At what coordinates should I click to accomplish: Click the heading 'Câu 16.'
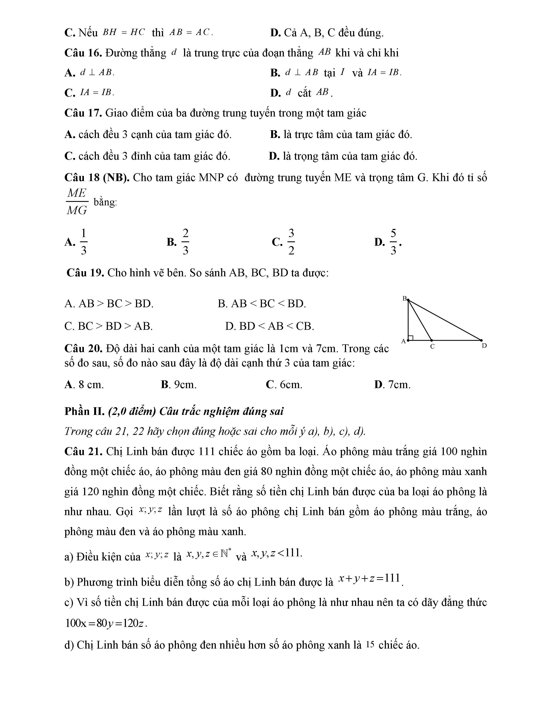tap(83, 53)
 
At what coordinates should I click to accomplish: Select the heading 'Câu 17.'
tap(83, 113)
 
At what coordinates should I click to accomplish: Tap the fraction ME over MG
tap(77, 202)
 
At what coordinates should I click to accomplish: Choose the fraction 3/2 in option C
tap(291, 242)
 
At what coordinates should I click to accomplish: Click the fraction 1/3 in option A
tap(83, 242)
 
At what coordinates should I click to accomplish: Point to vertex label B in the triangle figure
tap(404, 298)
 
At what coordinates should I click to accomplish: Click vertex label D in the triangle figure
tap(484, 346)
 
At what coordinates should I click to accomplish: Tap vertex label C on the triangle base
tap(432, 346)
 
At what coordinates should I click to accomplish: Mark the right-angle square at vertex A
tap(411, 338)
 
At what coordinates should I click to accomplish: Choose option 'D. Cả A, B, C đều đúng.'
tap(327, 33)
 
